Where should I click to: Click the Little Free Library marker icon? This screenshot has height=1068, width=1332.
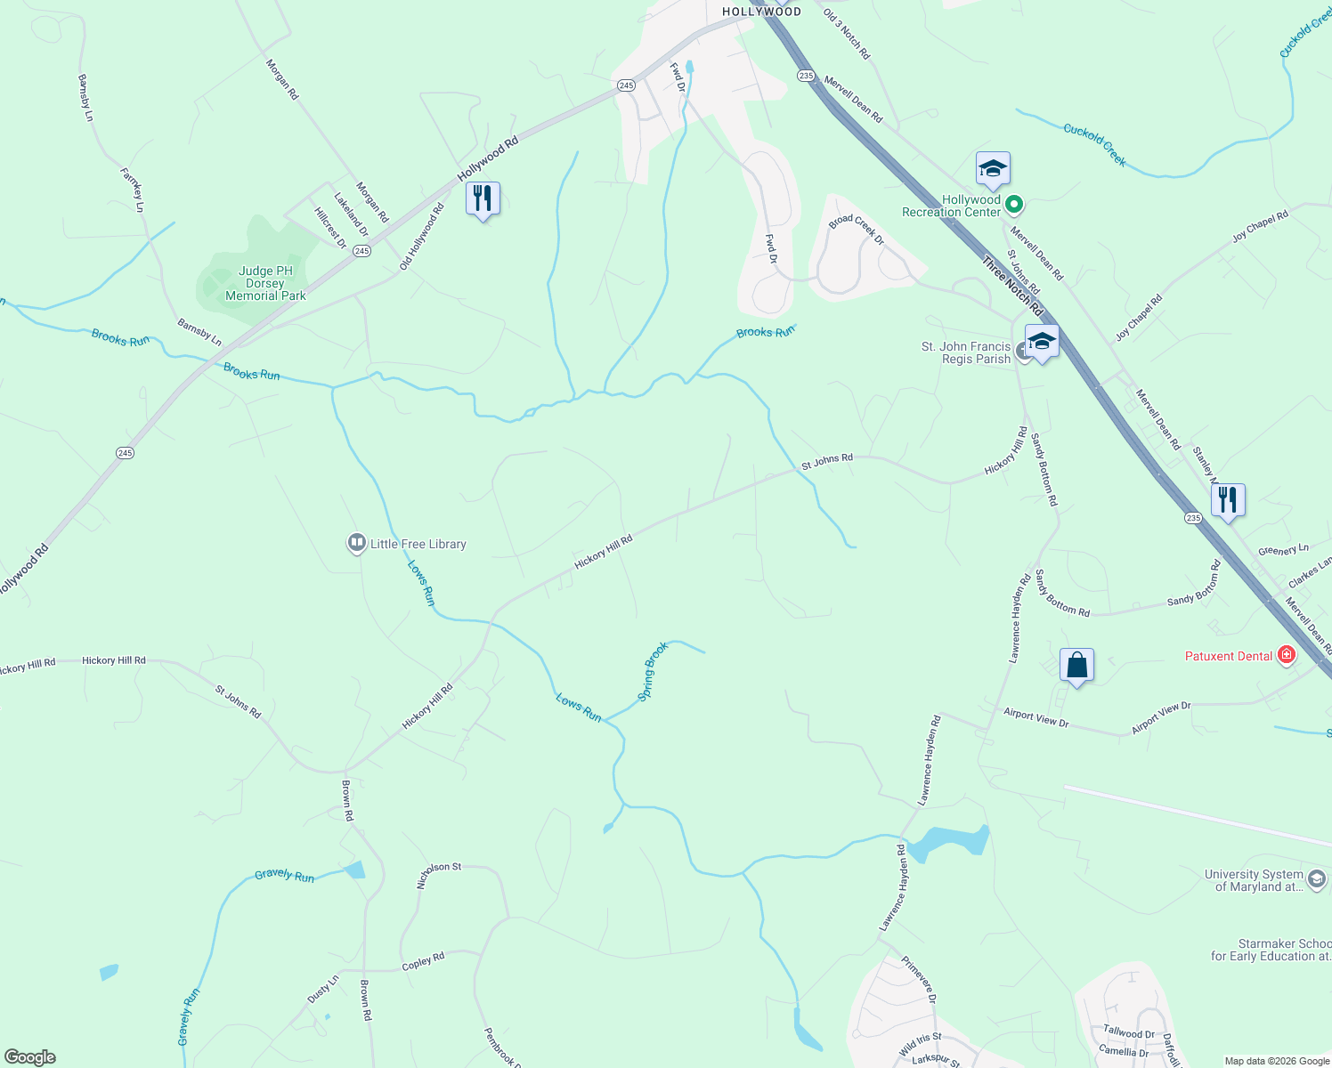click(x=356, y=543)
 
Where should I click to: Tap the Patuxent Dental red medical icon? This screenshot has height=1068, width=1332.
click(x=1286, y=656)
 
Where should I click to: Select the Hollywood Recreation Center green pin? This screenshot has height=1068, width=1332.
click(x=1013, y=206)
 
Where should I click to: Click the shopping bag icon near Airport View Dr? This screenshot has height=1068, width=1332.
click(x=1076, y=666)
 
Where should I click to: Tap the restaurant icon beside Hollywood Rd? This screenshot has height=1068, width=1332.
click(x=483, y=198)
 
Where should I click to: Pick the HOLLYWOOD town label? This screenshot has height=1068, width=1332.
click(x=761, y=12)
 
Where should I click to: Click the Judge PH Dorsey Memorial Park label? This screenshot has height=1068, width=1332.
click(x=265, y=283)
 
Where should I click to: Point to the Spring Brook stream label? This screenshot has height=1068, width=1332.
click(x=654, y=671)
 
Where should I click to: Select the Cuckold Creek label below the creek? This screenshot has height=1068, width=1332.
click(x=1094, y=145)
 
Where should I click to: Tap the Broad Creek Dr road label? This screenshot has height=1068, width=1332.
click(x=857, y=230)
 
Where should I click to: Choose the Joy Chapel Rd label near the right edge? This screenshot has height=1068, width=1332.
click(x=1260, y=227)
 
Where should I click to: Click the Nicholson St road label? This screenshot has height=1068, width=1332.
click(x=439, y=875)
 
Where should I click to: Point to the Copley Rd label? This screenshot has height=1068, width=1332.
click(x=423, y=962)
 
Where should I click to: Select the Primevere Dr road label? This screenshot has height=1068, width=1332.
click(x=919, y=980)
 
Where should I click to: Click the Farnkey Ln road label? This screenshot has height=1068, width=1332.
click(x=133, y=190)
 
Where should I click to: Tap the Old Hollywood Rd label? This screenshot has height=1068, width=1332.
click(x=422, y=237)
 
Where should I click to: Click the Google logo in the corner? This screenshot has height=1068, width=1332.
click(x=30, y=1057)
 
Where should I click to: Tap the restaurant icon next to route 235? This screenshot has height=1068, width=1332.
click(x=1227, y=500)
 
